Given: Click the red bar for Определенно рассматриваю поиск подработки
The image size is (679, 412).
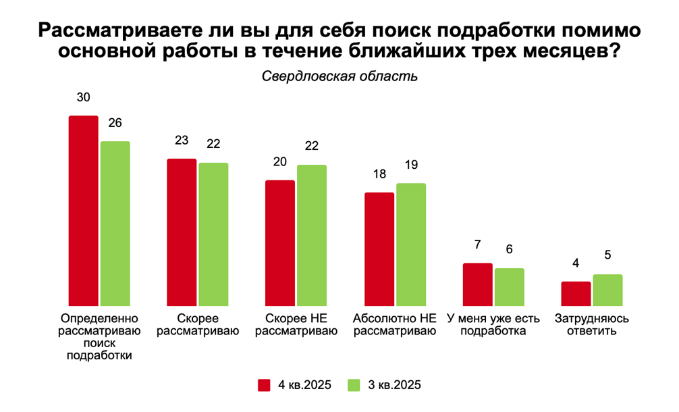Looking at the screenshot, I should [x=84, y=211].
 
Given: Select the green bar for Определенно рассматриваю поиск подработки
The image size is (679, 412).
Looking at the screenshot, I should [x=115, y=224].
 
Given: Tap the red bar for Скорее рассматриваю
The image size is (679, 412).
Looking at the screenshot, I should [x=182, y=232].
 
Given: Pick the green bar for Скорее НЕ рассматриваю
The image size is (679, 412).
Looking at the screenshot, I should [x=312, y=235].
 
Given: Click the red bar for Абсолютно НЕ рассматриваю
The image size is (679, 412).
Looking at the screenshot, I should [x=379, y=249].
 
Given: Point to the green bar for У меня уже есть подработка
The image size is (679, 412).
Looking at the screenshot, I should [x=509, y=287].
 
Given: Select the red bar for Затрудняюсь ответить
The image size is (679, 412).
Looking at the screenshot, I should [x=576, y=294].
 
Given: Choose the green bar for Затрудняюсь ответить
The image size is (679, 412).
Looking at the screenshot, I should [x=607, y=290].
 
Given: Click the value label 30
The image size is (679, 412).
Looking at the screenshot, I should [x=84, y=97].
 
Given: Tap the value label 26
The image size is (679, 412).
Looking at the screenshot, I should [x=115, y=123].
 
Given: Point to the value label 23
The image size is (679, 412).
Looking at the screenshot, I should [x=182, y=140].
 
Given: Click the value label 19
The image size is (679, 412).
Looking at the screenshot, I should [x=411, y=165].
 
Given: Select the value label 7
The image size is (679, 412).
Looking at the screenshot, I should [x=477, y=244].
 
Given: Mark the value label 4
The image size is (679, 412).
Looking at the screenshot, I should [x=576, y=263].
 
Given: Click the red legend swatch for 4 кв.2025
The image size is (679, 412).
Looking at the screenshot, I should [x=265, y=385].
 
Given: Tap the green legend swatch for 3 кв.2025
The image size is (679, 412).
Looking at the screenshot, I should [x=354, y=385].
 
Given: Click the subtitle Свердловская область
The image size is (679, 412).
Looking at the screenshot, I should [x=339, y=76].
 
